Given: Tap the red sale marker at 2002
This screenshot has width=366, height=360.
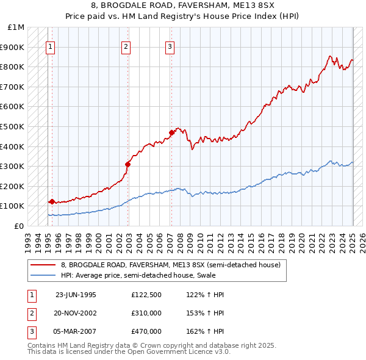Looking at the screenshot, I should pos(128,164).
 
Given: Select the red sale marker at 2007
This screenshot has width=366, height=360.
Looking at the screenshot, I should pos(171,132).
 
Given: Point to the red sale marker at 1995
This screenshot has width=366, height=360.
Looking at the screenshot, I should pos(52,201).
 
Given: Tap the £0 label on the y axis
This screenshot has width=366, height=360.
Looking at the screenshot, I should pos(19,226).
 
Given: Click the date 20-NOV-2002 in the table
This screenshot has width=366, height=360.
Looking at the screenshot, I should pos(76,313).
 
